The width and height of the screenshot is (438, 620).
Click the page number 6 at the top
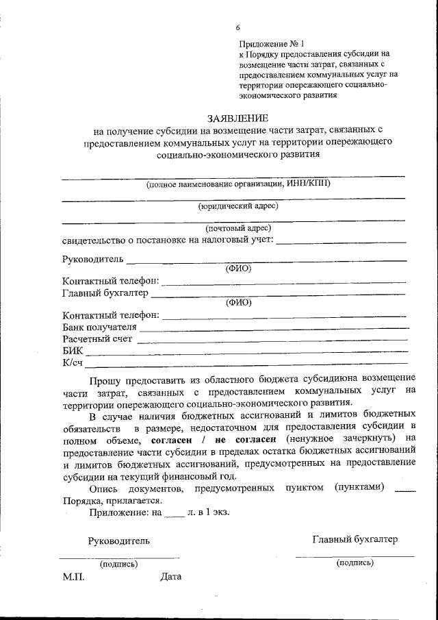tap(237, 27)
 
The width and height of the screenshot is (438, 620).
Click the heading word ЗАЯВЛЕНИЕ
tap(237, 118)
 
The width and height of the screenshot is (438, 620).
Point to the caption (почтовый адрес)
tap(238, 227)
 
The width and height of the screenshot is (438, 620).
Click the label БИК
tap(71, 350)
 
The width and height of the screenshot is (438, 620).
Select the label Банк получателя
tap(99, 327)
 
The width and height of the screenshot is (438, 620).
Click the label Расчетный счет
tap(96, 338)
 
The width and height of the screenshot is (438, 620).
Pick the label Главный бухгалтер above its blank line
tap(105, 293)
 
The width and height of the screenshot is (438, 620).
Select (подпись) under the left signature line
tap(118, 564)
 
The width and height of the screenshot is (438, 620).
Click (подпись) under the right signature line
tap(355, 562)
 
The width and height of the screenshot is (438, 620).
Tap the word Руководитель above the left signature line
tap(118, 541)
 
